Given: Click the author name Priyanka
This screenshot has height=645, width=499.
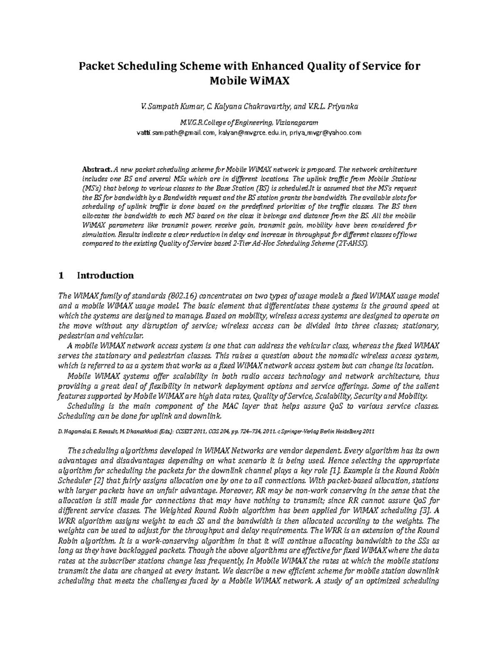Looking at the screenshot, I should (342, 107).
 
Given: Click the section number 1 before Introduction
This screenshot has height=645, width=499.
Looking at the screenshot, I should (62, 276).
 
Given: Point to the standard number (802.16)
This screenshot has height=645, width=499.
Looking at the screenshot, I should (180, 296).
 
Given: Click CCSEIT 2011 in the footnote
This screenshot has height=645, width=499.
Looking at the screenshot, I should (192, 432).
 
